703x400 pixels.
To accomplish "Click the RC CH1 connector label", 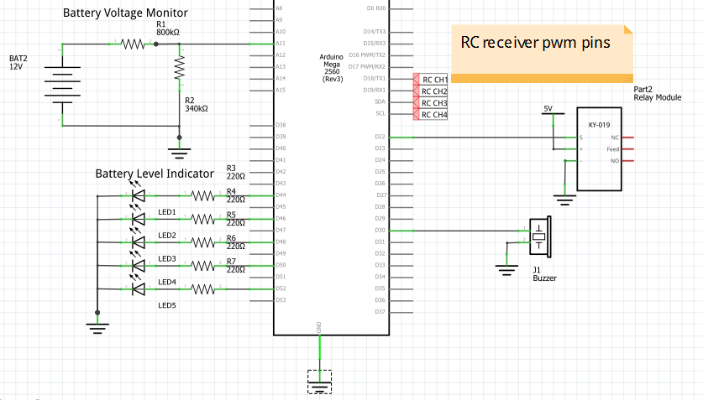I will (x=433, y=79).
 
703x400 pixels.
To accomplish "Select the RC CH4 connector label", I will (x=433, y=114).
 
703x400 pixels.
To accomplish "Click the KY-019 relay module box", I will (x=598, y=148).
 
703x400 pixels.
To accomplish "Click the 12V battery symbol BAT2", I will (x=61, y=84).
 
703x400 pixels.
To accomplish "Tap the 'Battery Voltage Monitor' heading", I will (x=125, y=13).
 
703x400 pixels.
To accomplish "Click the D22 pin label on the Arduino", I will (x=380, y=137).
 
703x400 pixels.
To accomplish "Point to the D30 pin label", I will (x=380, y=231).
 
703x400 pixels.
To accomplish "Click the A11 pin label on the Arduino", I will (x=281, y=43).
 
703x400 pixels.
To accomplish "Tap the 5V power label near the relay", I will (x=548, y=109).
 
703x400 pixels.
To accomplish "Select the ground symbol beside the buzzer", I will (x=505, y=269).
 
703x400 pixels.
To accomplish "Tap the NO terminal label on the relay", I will (x=615, y=161).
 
